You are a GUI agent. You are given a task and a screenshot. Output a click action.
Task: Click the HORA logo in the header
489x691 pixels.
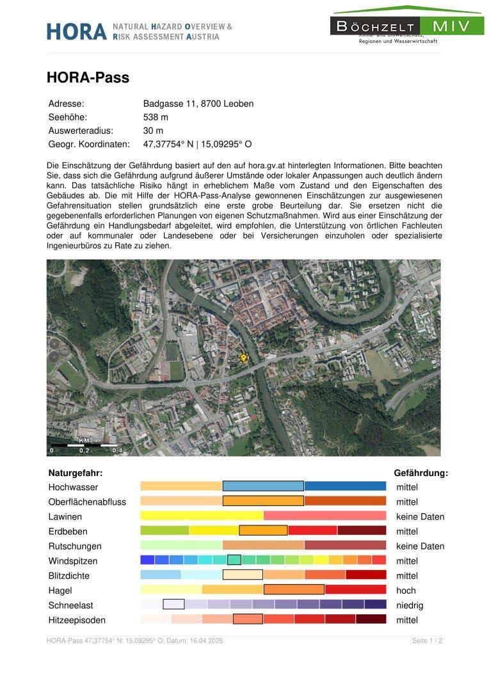pyautogui.click(x=76, y=31)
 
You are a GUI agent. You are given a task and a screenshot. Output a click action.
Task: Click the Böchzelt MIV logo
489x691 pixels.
pyautogui.click(x=407, y=26)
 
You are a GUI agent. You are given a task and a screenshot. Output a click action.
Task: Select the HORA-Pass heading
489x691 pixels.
pyautogui.click(x=88, y=77)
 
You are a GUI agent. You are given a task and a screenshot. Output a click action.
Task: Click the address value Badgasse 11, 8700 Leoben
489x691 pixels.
pyautogui.click(x=198, y=104)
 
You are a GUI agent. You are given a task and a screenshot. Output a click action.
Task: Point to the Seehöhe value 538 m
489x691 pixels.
pyautogui.click(x=156, y=117)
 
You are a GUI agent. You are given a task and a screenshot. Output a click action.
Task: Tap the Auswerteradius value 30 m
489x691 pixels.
pyautogui.click(x=153, y=131)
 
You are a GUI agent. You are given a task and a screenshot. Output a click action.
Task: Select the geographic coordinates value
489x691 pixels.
pyautogui.click(x=197, y=144)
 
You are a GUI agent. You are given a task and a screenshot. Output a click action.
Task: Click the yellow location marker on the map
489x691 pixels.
pyautogui.click(x=243, y=358)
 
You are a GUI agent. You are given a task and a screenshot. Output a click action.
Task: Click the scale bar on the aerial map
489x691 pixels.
pyautogui.click(x=83, y=445)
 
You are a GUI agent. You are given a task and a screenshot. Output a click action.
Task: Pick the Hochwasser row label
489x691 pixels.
pyautogui.click(x=74, y=487)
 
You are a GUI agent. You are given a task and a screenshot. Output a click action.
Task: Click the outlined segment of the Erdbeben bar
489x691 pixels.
pyautogui.click(x=263, y=530)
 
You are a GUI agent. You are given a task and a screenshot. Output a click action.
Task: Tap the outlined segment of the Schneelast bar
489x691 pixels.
pyautogui.click(x=173, y=604)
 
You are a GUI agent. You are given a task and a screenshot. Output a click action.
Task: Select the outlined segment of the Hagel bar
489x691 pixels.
pyautogui.click(x=294, y=589)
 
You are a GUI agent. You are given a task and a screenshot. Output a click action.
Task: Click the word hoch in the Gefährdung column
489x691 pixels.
pyautogui.click(x=406, y=591)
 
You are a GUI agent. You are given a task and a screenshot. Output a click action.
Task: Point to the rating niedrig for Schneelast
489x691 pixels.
pyautogui.click(x=410, y=605)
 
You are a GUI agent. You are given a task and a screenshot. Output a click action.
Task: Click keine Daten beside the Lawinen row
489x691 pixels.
pyautogui.click(x=420, y=517)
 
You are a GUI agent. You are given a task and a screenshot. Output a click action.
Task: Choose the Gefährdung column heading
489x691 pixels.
pyautogui.click(x=421, y=473)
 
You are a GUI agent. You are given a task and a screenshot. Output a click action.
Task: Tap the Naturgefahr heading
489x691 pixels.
pyautogui.click(x=76, y=473)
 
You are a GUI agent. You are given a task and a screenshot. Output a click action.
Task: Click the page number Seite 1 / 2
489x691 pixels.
pyautogui.click(x=427, y=640)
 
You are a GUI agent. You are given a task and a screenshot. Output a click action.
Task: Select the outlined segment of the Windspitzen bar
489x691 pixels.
pyautogui.click(x=234, y=560)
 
